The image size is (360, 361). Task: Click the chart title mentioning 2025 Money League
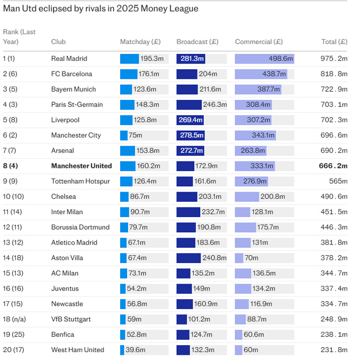101,8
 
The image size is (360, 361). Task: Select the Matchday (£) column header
140,42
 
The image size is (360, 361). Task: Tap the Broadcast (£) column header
197,42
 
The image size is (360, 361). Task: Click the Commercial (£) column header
258,42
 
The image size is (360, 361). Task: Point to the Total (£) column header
334,42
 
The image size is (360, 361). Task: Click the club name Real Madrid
69,59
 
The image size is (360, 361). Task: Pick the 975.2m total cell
334,59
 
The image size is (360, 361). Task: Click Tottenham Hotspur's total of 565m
338,182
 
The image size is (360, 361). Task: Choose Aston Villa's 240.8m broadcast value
215,258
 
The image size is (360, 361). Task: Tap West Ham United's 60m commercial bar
239,350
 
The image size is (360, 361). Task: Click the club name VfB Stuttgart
71,319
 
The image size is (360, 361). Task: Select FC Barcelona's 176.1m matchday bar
129,74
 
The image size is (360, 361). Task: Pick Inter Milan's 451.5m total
334,212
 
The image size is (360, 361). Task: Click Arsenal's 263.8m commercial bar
251,151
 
